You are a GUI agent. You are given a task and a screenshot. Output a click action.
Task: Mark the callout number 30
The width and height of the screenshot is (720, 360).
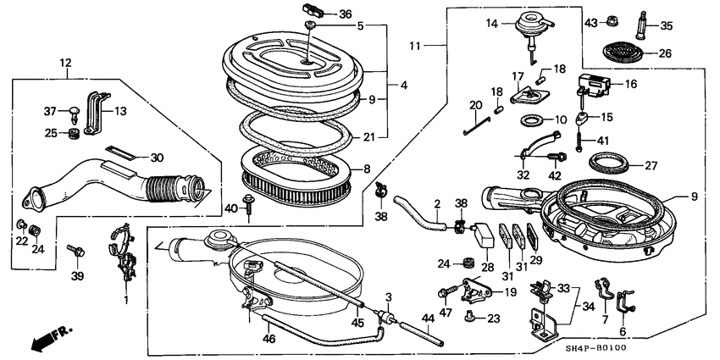click(x=157, y=158)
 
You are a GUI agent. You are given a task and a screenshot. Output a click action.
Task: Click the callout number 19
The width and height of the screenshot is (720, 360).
click(x=509, y=292)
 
